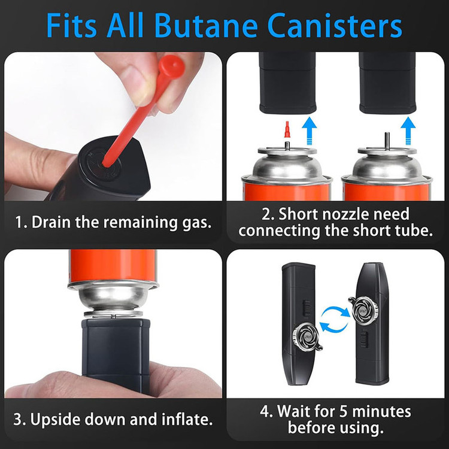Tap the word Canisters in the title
point(335,26)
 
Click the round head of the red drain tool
point(172,66)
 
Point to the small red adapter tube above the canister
point(287,129)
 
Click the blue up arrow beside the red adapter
point(310,131)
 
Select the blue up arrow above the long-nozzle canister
point(408,131)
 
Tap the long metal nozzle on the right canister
point(387,141)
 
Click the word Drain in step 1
point(51,222)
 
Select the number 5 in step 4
point(344,411)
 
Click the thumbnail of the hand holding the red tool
point(113,126)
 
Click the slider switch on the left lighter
point(307,308)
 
